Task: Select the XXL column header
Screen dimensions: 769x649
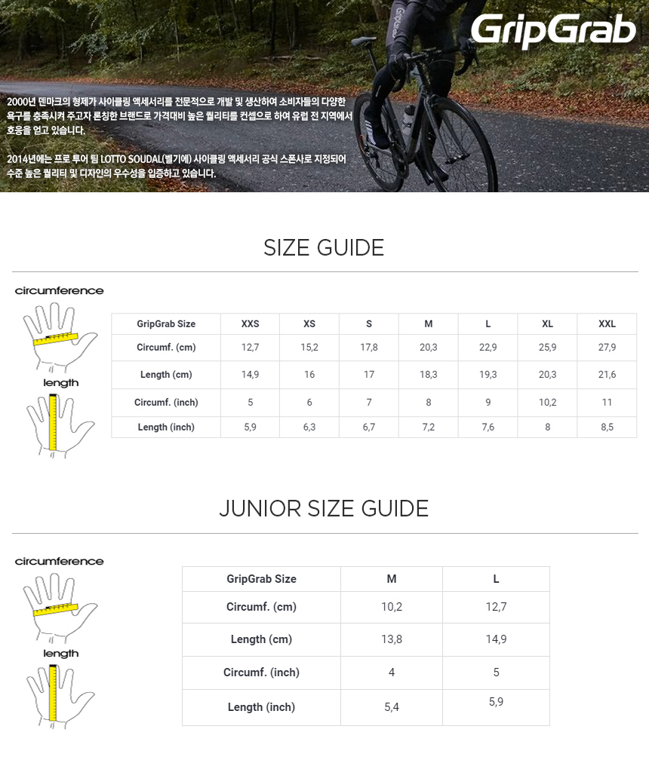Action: (x=607, y=323)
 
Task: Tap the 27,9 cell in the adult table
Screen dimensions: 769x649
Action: (x=607, y=348)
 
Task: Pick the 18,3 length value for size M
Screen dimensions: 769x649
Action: (x=428, y=375)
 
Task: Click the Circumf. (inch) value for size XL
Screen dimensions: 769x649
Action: (x=547, y=403)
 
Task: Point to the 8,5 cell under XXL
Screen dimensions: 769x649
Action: (x=607, y=427)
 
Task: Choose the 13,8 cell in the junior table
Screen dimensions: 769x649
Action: (x=392, y=639)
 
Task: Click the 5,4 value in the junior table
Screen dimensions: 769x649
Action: (x=392, y=707)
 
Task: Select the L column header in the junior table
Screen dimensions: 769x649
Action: (x=496, y=579)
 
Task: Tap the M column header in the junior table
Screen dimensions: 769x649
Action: (x=392, y=579)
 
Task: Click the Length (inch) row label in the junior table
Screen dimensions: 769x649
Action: (x=261, y=707)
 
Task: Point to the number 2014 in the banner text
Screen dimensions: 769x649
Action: (x=17, y=159)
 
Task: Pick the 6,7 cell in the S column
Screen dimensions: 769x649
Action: (x=369, y=427)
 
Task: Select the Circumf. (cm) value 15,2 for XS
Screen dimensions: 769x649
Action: (x=309, y=348)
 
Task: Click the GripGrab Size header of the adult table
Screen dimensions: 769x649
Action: (x=166, y=323)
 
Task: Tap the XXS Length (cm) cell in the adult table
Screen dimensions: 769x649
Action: (x=250, y=375)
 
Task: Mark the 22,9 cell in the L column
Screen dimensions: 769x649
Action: (x=488, y=348)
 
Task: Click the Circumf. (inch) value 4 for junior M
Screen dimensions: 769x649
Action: (x=392, y=672)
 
